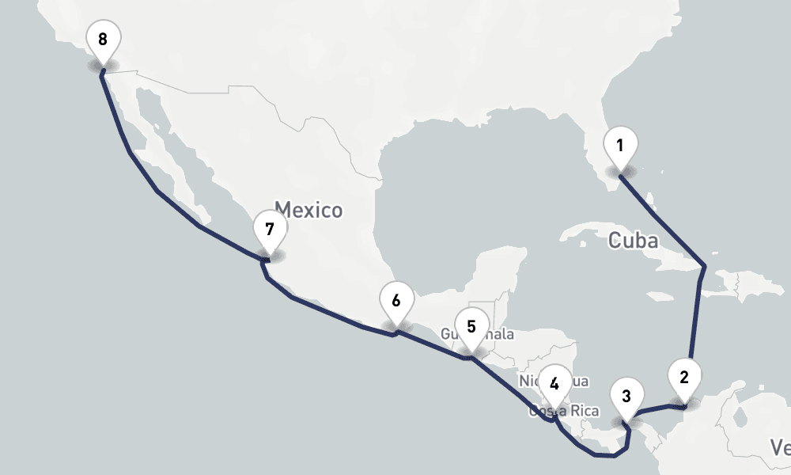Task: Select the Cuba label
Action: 633,241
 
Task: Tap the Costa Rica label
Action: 565,412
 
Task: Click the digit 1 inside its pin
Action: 620,145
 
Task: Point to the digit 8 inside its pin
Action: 103,38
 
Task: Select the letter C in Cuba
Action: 615,241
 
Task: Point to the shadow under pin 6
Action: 396,326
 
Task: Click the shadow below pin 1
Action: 620,170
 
